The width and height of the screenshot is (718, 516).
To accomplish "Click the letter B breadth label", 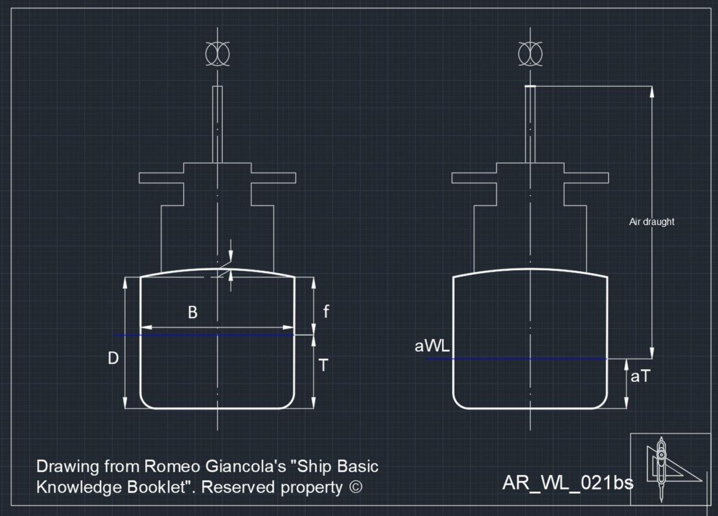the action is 192,312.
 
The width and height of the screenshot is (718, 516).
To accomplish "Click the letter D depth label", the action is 113,358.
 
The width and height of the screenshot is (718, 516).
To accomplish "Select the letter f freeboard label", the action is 326,311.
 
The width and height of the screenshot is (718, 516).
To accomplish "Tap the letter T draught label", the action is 323,365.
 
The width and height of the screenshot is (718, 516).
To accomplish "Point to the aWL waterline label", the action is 432,346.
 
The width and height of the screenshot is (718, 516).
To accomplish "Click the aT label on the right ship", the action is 640,376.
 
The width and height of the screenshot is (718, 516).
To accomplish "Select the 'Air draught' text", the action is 652,222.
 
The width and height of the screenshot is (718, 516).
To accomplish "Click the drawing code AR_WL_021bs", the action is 568,482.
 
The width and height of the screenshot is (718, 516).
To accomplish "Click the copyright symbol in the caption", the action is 355,487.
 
